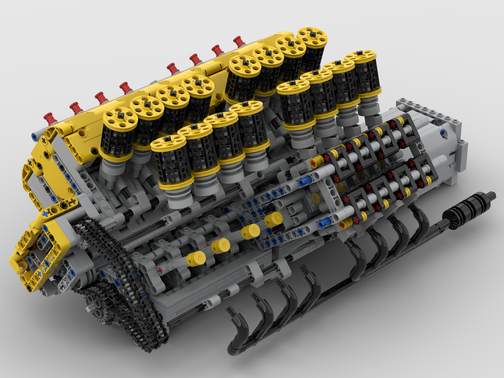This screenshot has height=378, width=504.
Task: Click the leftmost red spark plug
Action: (x=49, y=119)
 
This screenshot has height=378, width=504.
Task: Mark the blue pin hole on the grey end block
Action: (x=443, y=133)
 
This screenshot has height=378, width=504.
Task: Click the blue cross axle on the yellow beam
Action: (x=45, y=214)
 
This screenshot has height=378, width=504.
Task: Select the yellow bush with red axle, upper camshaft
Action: (x=314, y=162)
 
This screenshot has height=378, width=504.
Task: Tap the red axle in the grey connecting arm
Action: (x=160, y=271)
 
